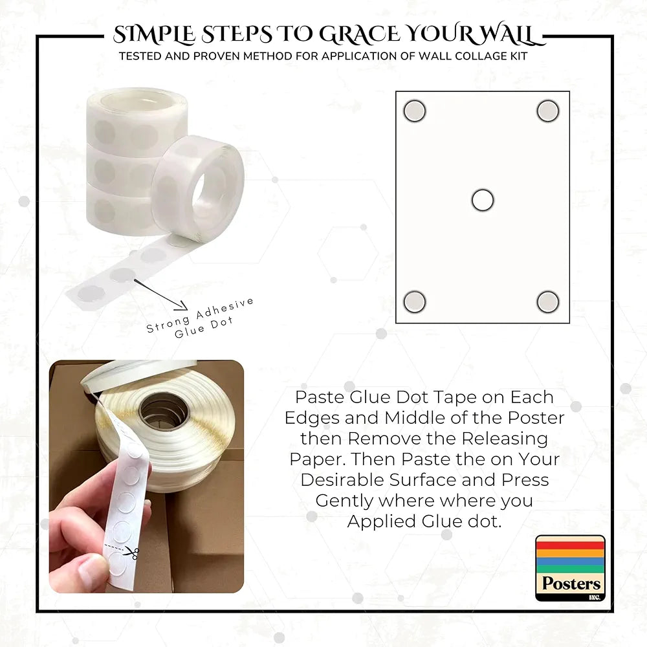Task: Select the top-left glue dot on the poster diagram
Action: coord(414,111)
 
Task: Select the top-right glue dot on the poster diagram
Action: coord(548,111)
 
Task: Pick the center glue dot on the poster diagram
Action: coord(483,200)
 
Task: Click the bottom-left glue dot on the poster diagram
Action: coord(414,302)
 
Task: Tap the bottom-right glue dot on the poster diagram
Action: coord(548,302)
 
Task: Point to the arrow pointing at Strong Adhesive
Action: coord(160,294)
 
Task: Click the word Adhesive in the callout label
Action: coord(225,308)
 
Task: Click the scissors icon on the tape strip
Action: coord(133,553)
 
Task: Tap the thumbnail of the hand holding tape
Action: coord(146,477)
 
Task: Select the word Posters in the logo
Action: coord(571,583)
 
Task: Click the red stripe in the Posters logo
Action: coord(570,545)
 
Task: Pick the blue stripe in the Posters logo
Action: coord(570,562)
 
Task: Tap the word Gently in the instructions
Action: coord(344,501)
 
